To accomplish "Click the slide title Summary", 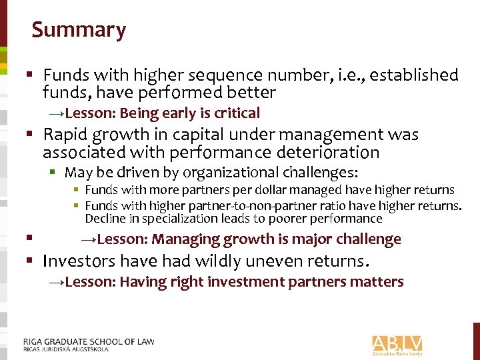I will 79,30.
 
